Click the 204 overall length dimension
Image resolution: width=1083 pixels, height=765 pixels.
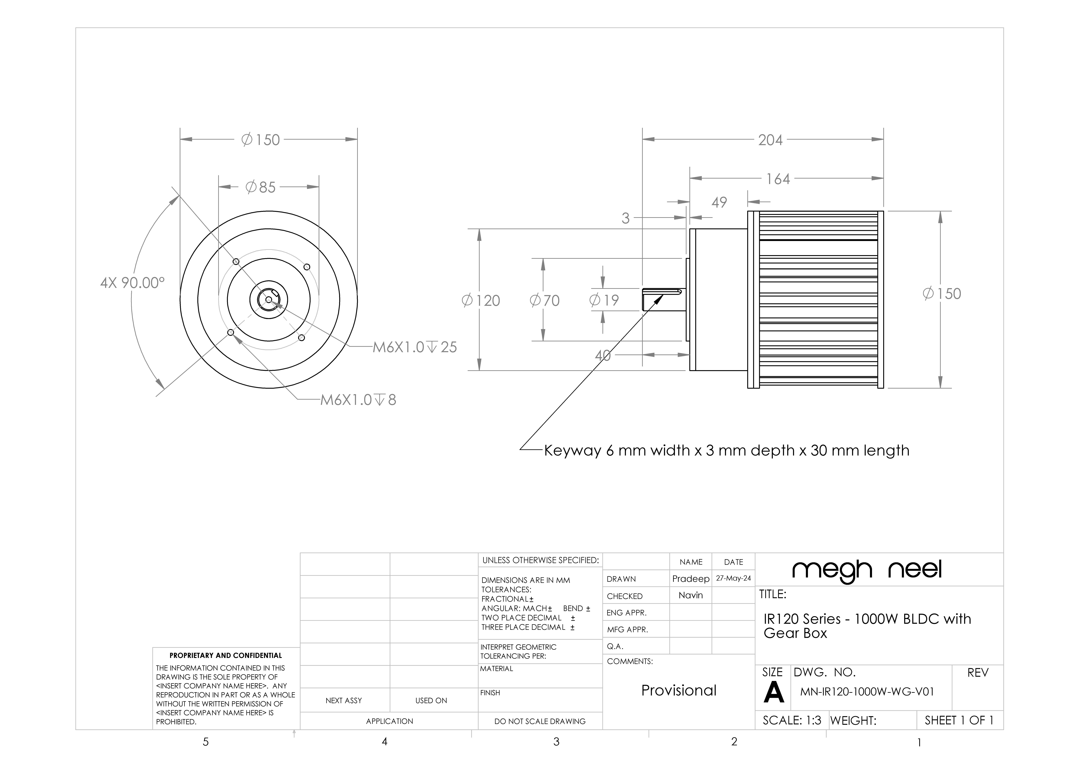770,140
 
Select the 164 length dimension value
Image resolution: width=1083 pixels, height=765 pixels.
778,179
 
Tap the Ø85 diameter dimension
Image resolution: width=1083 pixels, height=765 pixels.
260,187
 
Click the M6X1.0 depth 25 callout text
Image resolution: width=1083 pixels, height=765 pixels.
415,347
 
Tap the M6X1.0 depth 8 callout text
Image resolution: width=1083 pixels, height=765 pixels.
358,400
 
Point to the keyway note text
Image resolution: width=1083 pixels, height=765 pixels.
726,451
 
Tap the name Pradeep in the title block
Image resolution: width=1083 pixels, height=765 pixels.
691,579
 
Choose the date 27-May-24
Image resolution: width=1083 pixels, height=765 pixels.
733,578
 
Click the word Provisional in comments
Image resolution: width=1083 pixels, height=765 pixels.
679,691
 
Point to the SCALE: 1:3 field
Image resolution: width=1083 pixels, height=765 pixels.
792,721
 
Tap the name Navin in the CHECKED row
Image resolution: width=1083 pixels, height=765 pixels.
691,595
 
